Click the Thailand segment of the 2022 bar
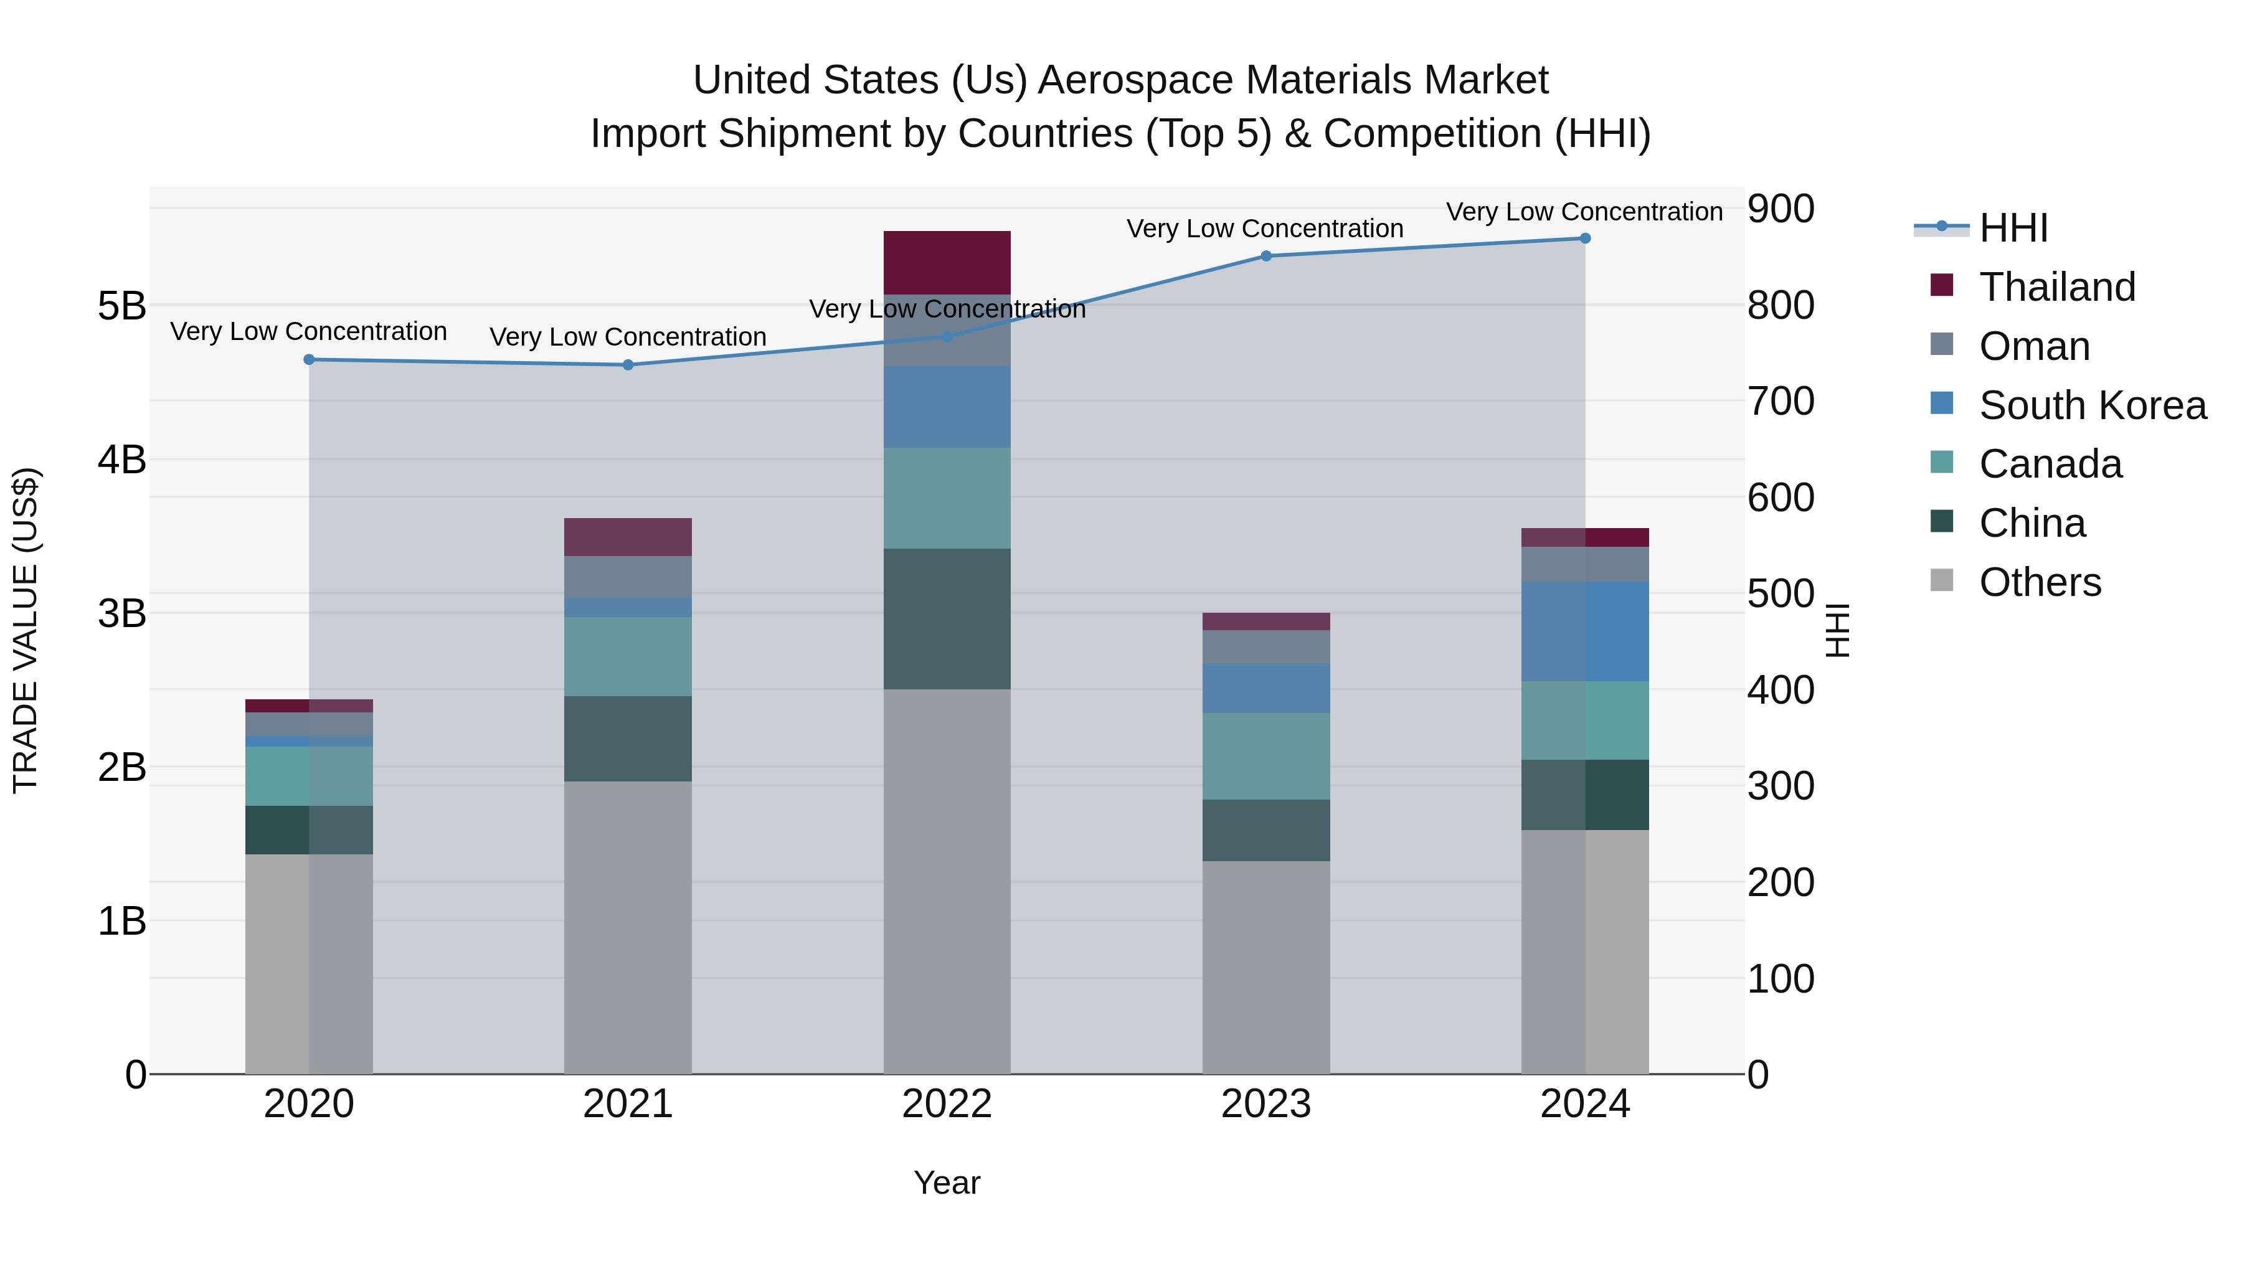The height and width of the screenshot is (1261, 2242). (947, 262)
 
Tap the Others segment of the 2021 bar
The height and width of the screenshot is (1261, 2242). (628, 927)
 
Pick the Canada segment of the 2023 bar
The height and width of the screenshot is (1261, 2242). (1265, 755)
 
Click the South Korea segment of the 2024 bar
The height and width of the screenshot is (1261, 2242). (1585, 631)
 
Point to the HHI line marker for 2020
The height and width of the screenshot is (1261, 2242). (309, 359)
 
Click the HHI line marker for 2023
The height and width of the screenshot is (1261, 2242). (1266, 256)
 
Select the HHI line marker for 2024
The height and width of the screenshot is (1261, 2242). (1585, 239)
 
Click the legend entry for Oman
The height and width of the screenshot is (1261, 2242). (2033, 346)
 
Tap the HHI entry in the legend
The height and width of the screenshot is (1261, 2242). (2012, 228)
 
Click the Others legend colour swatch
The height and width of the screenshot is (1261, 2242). (1942, 580)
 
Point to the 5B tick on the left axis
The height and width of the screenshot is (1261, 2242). (122, 306)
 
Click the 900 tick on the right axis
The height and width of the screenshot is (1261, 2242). (1781, 209)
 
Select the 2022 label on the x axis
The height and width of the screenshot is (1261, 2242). (947, 1104)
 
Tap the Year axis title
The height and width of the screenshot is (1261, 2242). (947, 1183)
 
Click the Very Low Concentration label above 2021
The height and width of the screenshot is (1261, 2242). (628, 337)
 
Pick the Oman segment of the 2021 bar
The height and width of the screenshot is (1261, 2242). (628, 577)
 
